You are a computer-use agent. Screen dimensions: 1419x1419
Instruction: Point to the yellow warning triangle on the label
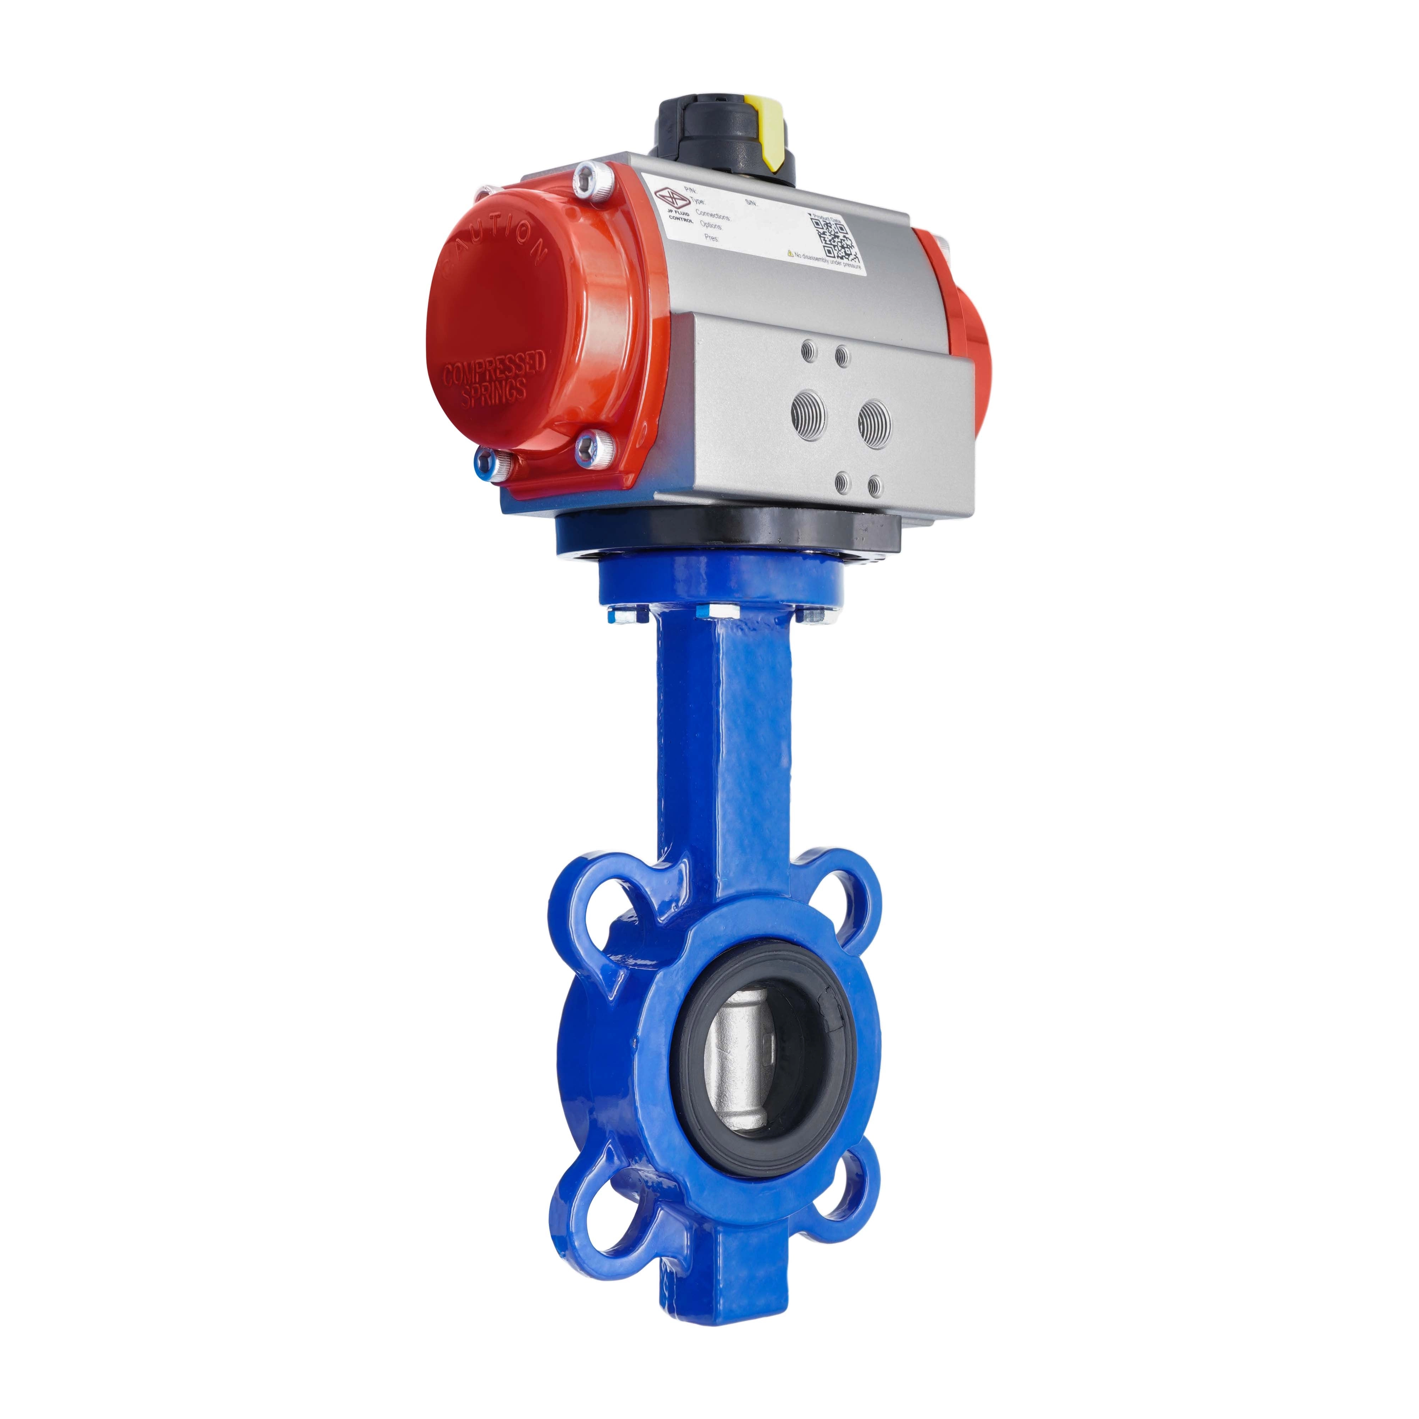790,253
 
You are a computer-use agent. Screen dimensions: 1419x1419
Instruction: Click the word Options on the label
711,226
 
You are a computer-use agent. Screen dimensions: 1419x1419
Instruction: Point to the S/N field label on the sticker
749,200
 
